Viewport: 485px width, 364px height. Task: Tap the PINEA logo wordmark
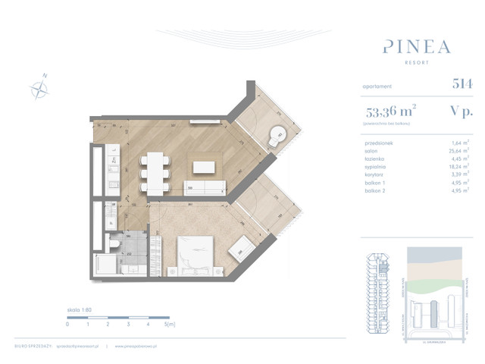[415, 46]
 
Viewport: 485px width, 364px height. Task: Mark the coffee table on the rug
[205, 166]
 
